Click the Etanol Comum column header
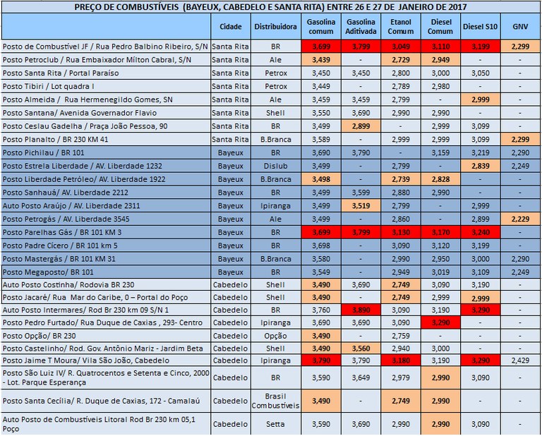pyautogui.click(x=401, y=27)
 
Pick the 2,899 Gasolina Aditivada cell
pyautogui.click(x=361, y=126)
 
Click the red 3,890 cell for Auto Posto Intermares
pyautogui.click(x=361, y=310)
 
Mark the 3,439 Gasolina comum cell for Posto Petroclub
pyautogui.click(x=320, y=60)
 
